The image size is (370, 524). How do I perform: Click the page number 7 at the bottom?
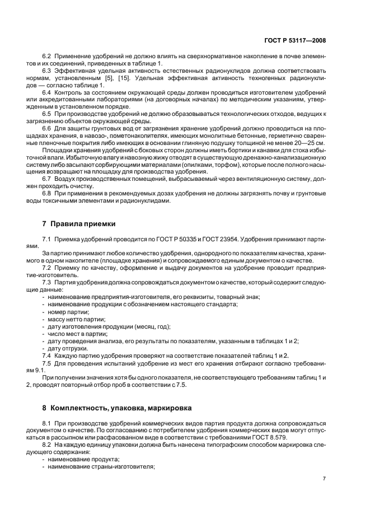click(x=325, y=479)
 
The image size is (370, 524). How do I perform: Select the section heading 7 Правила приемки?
click(x=79, y=224)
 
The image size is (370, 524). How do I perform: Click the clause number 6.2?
click(x=46, y=57)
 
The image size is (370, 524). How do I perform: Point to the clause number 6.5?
click(x=46, y=114)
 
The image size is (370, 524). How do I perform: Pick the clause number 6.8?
click(x=46, y=193)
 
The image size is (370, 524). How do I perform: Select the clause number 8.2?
click(x=46, y=443)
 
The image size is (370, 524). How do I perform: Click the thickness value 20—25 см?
click(x=311, y=143)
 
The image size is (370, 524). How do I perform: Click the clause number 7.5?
click(x=46, y=363)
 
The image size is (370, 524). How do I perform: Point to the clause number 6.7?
click(x=46, y=179)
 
